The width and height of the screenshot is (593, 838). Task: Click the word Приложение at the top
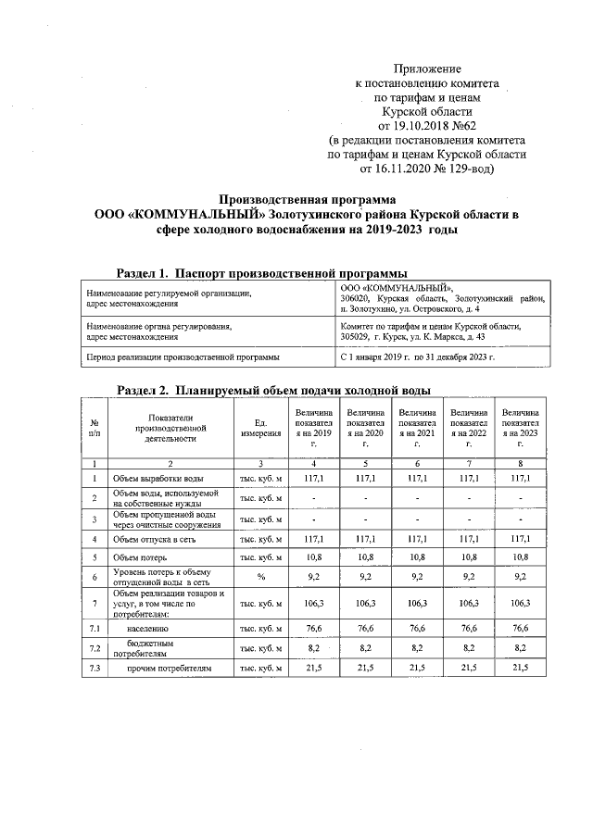tap(427, 69)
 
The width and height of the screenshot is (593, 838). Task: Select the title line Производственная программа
tap(307, 199)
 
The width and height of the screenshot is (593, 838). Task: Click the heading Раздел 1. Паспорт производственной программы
tap(262, 273)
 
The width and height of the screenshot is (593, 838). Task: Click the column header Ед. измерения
tap(259, 427)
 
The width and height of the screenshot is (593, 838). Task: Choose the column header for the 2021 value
tap(417, 427)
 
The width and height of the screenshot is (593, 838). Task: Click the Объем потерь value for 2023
tap(522, 557)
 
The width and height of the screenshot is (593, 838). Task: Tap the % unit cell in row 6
tap(259, 578)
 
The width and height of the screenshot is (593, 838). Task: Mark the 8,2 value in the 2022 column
tap(470, 647)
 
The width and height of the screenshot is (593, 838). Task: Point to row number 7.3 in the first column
tap(95, 668)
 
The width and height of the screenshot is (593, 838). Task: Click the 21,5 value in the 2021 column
tap(417, 668)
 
